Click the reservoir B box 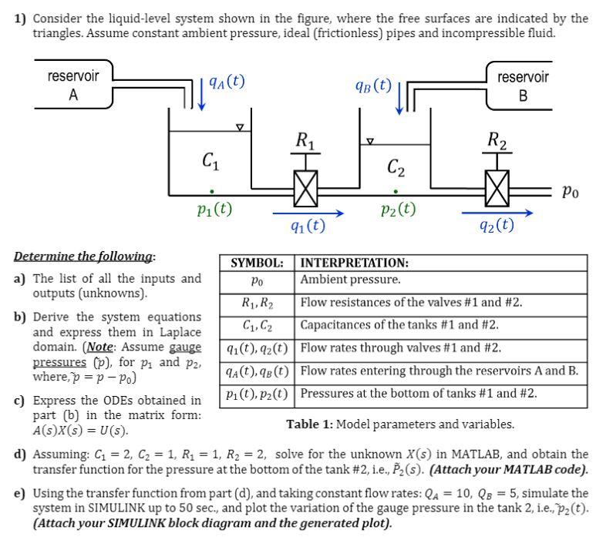[523, 86]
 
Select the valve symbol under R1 [305, 188]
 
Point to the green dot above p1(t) [211, 190]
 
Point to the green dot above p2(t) [396, 190]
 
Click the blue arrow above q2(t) [497, 212]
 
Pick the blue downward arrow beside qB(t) [399, 96]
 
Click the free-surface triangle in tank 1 [239, 127]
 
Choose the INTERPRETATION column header [355, 263]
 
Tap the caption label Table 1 [310, 424]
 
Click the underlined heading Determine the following [84, 257]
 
